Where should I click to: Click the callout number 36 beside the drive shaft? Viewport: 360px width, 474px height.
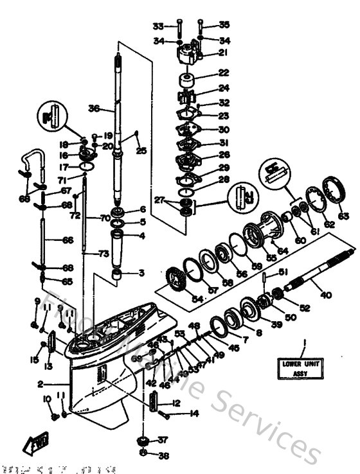pyautogui.click(x=94, y=109)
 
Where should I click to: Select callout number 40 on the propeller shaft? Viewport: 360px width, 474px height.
pyautogui.click(x=326, y=295)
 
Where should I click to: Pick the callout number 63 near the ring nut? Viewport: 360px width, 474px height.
pyautogui.click(x=343, y=216)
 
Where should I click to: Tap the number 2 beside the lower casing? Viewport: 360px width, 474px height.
pyautogui.click(x=40, y=383)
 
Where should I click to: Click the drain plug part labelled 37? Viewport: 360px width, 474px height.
pyautogui.click(x=143, y=443)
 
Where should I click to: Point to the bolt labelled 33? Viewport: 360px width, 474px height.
pyautogui.click(x=179, y=26)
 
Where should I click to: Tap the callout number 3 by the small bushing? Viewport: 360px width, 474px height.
pyautogui.click(x=141, y=273)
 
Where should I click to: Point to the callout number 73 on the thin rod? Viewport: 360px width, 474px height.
pyautogui.click(x=103, y=254)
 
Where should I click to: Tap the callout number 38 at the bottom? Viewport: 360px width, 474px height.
pyautogui.click(x=163, y=456)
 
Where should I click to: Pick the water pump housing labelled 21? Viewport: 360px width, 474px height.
pyautogui.click(x=188, y=51)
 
